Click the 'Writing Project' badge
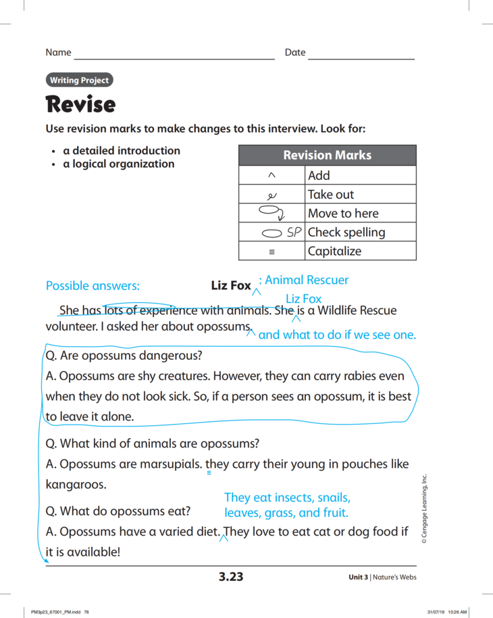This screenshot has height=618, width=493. (x=79, y=80)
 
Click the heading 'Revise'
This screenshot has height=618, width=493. (x=80, y=105)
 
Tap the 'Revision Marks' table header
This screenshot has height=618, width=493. (x=327, y=156)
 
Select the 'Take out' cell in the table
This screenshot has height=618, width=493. (x=331, y=195)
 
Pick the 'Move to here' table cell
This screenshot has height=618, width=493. (x=343, y=214)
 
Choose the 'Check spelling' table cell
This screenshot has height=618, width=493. (x=346, y=233)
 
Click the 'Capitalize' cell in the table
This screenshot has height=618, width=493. (x=334, y=252)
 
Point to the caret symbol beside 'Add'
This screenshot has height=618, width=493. (x=271, y=176)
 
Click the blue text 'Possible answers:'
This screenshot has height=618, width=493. (x=93, y=286)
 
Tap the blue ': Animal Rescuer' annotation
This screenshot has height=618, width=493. (x=304, y=280)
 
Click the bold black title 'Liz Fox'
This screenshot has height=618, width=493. (x=231, y=286)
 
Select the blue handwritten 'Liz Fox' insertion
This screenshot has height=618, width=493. (x=303, y=299)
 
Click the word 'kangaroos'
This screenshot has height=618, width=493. (x=76, y=485)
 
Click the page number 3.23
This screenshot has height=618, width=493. (x=230, y=577)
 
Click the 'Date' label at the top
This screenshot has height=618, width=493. (x=295, y=53)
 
